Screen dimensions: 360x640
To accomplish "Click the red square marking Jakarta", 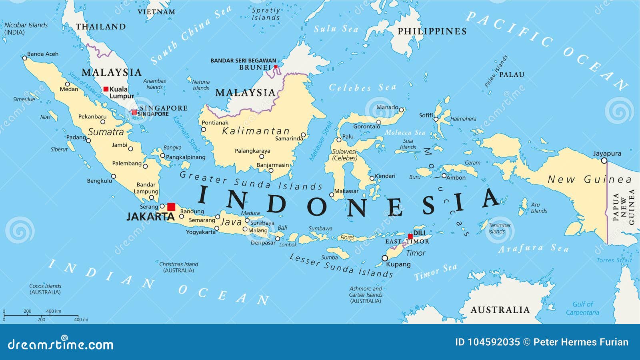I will pyautogui.click(x=171, y=207).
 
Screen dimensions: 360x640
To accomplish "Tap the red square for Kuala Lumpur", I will pyautogui.click(x=106, y=89).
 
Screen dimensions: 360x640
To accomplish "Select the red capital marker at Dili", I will pyautogui.click(x=410, y=236).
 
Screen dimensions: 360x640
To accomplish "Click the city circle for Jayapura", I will pyautogui.click(x=604, y=161).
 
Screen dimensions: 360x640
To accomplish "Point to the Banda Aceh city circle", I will pyautogui.click(x=24, y=58).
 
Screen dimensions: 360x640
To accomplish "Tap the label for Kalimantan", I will pyautogui.click(x=256, y=131).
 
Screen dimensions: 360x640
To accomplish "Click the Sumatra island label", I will pyautogui.click(x=106, y=132).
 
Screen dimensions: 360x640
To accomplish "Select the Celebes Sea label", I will pyautogui.click(x=362, y=88).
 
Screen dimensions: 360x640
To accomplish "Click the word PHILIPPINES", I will pyautogui.click(x=432, y=31).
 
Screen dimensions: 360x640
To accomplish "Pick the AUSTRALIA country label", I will pyautogui.click(x=500, y=310).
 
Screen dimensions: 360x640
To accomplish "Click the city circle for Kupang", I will pyautogui.click(x=385, y=258).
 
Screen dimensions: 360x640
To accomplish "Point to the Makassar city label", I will pyautogui.click(x=346, y=191).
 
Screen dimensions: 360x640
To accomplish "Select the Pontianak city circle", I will pyautogui.click(x=203, y=129).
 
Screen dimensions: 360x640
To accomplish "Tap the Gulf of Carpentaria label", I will pyautogui.click(x=582, y=308).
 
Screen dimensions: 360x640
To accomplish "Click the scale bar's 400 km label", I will pyautogui.click(x=54, y=311).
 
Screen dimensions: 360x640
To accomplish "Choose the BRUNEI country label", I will pyautogui.click(x=255, y=67).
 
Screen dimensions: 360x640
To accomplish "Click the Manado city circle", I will pyautogui.click(x=401, y=110).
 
